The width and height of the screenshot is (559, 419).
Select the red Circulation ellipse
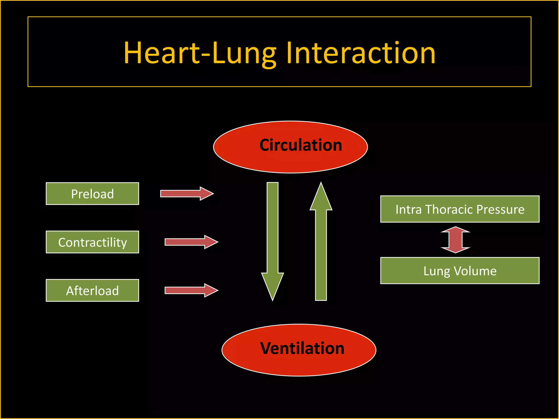[290, 147]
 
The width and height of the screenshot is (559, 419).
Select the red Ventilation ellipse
[299, 350]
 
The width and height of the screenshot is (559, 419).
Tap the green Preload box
[92, 194]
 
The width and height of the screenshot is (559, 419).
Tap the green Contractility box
[92, 242]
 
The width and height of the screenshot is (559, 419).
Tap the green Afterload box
[92, 291]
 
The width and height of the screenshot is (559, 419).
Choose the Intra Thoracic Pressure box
[460, 209]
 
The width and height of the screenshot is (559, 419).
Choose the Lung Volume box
[460, 271]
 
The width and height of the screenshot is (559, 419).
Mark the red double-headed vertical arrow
[455, 240]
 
